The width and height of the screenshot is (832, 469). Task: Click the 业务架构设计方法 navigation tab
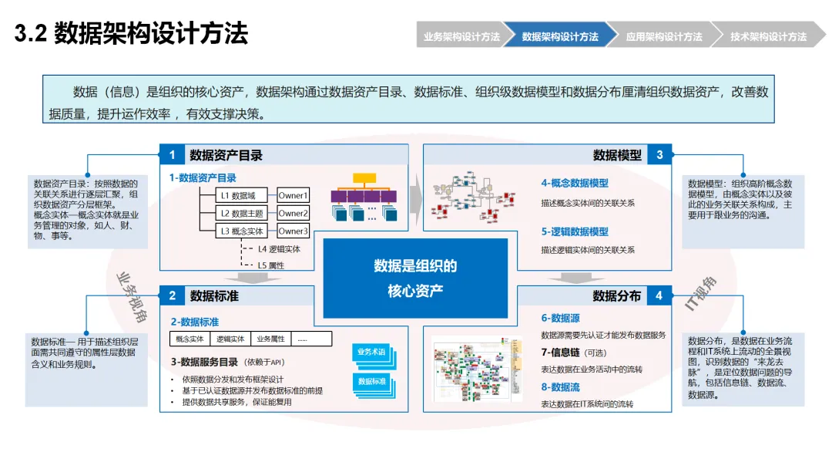click(x=461, y=36)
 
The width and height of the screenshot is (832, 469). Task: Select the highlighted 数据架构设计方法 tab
click(x=560, y=36)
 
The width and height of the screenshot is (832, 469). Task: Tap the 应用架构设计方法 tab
click(x=663, y=36)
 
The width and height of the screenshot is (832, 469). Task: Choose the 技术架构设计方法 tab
click(x=768, y=36)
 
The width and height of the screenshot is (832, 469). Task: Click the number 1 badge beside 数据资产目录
click(x=172, y=155)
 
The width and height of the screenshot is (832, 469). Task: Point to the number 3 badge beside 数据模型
click(x=659, y=155)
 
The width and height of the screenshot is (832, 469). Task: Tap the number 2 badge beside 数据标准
click(x=172, y=295)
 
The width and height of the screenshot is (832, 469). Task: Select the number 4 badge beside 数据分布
click(x=659, y=295)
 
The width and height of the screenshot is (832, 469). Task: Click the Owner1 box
click(x=293, y=196)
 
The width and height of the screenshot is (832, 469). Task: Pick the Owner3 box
click(x=293, y=231)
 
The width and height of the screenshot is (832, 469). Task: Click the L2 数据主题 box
click(x=242, y=214)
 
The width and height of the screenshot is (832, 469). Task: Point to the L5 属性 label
click(x=270, y=265)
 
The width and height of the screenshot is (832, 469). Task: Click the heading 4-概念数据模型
click(x=574, y=184)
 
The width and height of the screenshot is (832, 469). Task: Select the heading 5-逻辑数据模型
click(x=574, y=231)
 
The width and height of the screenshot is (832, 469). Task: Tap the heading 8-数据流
click(x=560, y=387)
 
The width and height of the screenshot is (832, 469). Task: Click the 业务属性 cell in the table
click(x=270, y=339)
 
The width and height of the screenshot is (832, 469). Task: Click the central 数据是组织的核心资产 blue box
click(x=415, y=278)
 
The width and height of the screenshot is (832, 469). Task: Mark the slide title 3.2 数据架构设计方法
click(x=132, y=35)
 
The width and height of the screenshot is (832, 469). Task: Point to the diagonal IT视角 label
click(x=700, y=294)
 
